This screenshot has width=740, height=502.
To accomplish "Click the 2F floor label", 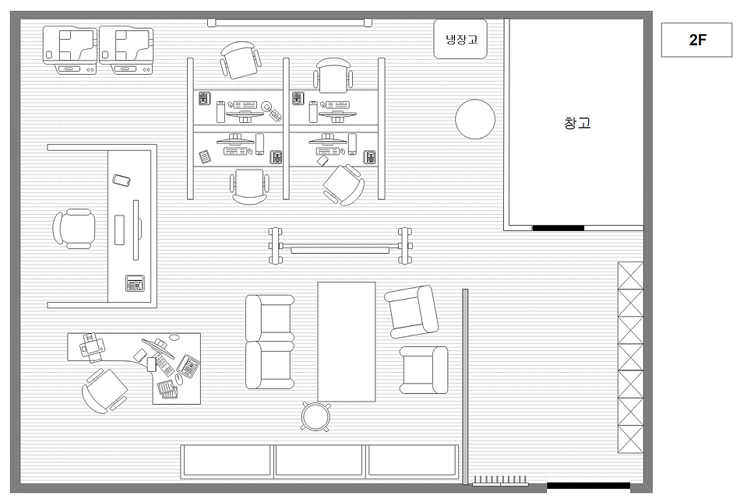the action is (697, 40).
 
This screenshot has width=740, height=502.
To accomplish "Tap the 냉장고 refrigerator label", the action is (462, 39).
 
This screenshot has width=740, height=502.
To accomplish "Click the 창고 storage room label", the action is (577, 123).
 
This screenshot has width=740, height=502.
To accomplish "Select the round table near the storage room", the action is (475, 119).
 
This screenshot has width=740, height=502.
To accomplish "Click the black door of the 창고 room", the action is (559, 228).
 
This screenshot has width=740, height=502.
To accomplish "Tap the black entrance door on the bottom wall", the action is (589, 486).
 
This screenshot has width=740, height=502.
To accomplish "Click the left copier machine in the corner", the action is (70, 51).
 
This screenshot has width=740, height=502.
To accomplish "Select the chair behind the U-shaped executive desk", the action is (74, 229).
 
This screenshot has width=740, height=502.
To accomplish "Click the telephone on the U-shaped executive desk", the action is (135, 283).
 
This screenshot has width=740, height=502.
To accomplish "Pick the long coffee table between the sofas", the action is (347, 342).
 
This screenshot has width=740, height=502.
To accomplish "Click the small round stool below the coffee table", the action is (316, 416).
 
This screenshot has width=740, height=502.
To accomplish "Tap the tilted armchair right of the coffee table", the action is (411, 311).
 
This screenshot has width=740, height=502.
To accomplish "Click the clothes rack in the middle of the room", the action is (340, 246).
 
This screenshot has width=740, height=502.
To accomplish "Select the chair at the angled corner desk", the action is (104, 391).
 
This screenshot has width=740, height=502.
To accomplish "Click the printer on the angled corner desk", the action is (92, 348).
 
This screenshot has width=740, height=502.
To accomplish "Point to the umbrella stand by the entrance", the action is (501, 480).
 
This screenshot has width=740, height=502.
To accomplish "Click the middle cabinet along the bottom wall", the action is (319, 461).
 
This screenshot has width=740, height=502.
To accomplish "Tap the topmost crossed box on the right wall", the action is (630, 276).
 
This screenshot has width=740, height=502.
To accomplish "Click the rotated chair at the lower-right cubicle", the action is (344, 184).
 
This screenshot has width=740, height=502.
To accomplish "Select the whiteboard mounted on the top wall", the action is (290, 22).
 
